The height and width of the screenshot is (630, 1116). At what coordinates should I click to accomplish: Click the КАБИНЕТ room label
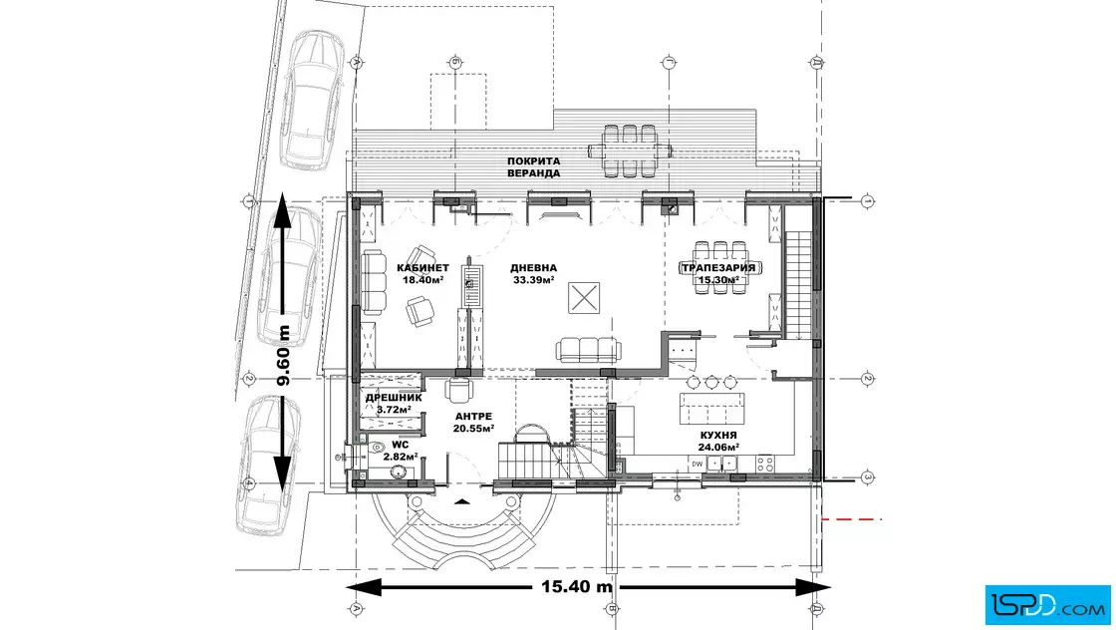tap(422, 268)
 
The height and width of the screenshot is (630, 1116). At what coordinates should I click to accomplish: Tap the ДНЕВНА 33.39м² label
tap(534, 274)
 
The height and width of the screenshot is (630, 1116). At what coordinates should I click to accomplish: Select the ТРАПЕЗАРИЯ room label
tap(718, 268)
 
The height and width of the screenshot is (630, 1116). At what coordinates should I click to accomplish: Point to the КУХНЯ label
tap(718, 435)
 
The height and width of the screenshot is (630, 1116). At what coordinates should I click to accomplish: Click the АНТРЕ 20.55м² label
tap(473, 422)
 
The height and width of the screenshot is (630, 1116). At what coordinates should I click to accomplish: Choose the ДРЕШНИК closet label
tap(394, 398)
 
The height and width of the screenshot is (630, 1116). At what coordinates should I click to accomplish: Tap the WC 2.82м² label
tap(400, 451)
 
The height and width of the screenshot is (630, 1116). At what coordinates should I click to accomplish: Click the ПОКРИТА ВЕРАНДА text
tap(534, 167)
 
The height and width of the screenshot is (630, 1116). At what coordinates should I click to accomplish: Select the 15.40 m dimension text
tap(577, 586)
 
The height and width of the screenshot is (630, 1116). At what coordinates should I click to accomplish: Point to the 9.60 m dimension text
tap(283, 355)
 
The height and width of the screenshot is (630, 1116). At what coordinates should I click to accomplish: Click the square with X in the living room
tap(584, 298)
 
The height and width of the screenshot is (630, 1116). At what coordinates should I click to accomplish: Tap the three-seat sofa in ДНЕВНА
tap(587, 350)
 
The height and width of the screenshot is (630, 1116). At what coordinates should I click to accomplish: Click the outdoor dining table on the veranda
tap(630, 151)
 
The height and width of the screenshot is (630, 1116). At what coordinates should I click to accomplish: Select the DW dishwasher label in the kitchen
tap(697, 465)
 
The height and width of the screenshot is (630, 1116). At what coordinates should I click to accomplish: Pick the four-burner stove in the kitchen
tap(765, 465)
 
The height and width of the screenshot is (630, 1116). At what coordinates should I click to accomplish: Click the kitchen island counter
tap(711, 408)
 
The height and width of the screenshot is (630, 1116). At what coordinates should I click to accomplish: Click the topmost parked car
tap(310, 100)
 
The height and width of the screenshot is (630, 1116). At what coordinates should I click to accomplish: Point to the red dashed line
tap(852, 519)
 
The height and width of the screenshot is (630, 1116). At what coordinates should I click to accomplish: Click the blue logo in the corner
tap(1047, 604)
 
